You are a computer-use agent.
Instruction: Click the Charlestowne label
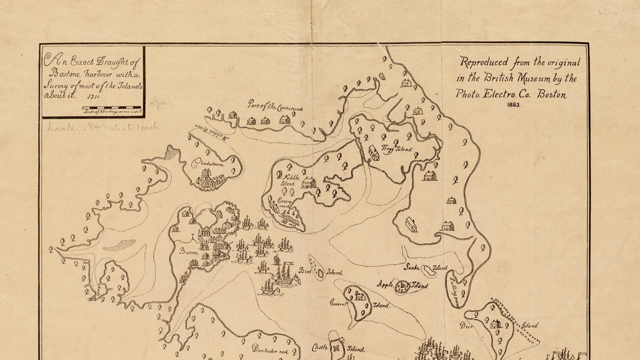pyautogui.click(x=208, y=164)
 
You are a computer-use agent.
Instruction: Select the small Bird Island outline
pyautogui.click(x=320, y=274)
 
